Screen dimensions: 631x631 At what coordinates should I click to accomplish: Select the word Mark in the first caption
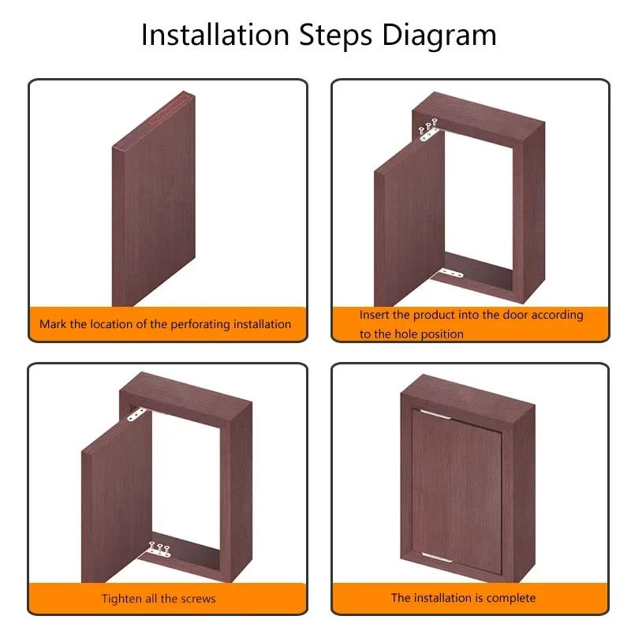point(52,324)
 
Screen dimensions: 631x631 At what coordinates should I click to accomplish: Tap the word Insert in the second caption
point(375,315)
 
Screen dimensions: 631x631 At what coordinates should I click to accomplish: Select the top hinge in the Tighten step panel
point(136,413)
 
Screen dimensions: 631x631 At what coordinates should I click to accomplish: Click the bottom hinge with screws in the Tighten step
point(160,551)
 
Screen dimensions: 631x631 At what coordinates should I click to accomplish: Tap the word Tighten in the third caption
point(123,599)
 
